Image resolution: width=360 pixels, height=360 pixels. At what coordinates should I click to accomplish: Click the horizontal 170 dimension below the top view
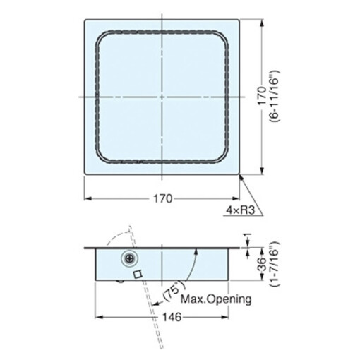pos(163,199)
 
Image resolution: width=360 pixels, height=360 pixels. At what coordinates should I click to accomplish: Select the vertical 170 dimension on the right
pos(262,96)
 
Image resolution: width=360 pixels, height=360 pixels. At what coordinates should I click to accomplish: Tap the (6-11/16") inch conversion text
pos(275,96)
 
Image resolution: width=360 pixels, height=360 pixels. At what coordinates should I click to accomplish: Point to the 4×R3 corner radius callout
pos(241,210)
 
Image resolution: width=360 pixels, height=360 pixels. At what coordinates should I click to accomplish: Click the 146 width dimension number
pos(172,317)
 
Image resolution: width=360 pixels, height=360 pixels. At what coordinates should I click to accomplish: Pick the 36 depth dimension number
pos(262,264)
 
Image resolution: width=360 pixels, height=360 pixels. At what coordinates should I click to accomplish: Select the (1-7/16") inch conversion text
pos(275,263)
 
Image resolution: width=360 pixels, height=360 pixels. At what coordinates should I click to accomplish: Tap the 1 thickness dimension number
pos(248,234)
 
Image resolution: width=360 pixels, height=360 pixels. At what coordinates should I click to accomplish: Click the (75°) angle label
pos(174,292)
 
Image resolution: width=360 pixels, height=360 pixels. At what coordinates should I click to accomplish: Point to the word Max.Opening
pos(216,299)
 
